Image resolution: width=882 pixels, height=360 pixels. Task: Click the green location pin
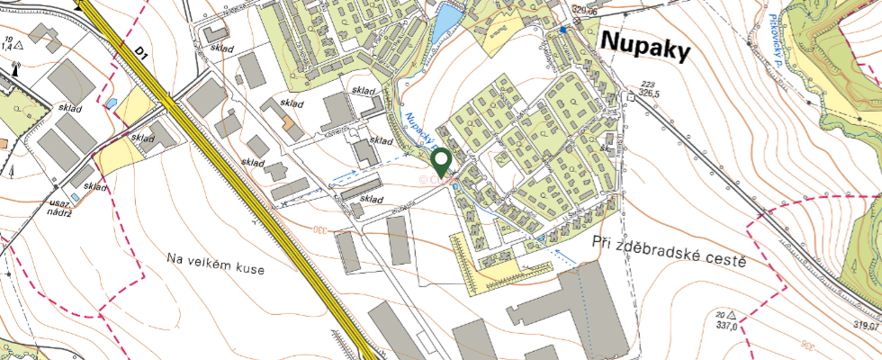441,163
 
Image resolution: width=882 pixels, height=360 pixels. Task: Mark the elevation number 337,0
726,328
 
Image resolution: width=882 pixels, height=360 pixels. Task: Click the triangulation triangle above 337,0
732,315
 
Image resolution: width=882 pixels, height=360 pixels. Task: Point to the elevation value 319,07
866,327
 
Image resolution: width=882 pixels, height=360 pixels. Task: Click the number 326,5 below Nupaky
650,92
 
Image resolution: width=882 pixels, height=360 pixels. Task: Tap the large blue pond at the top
444,24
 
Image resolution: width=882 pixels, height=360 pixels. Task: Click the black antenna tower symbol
16,68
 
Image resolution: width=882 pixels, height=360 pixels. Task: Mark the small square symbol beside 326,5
631,98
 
